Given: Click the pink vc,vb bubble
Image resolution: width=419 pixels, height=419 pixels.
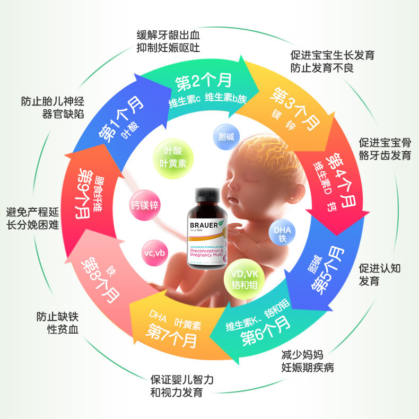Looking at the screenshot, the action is [154, 252].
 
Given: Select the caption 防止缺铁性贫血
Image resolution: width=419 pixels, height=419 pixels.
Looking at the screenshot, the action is [58, 324].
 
